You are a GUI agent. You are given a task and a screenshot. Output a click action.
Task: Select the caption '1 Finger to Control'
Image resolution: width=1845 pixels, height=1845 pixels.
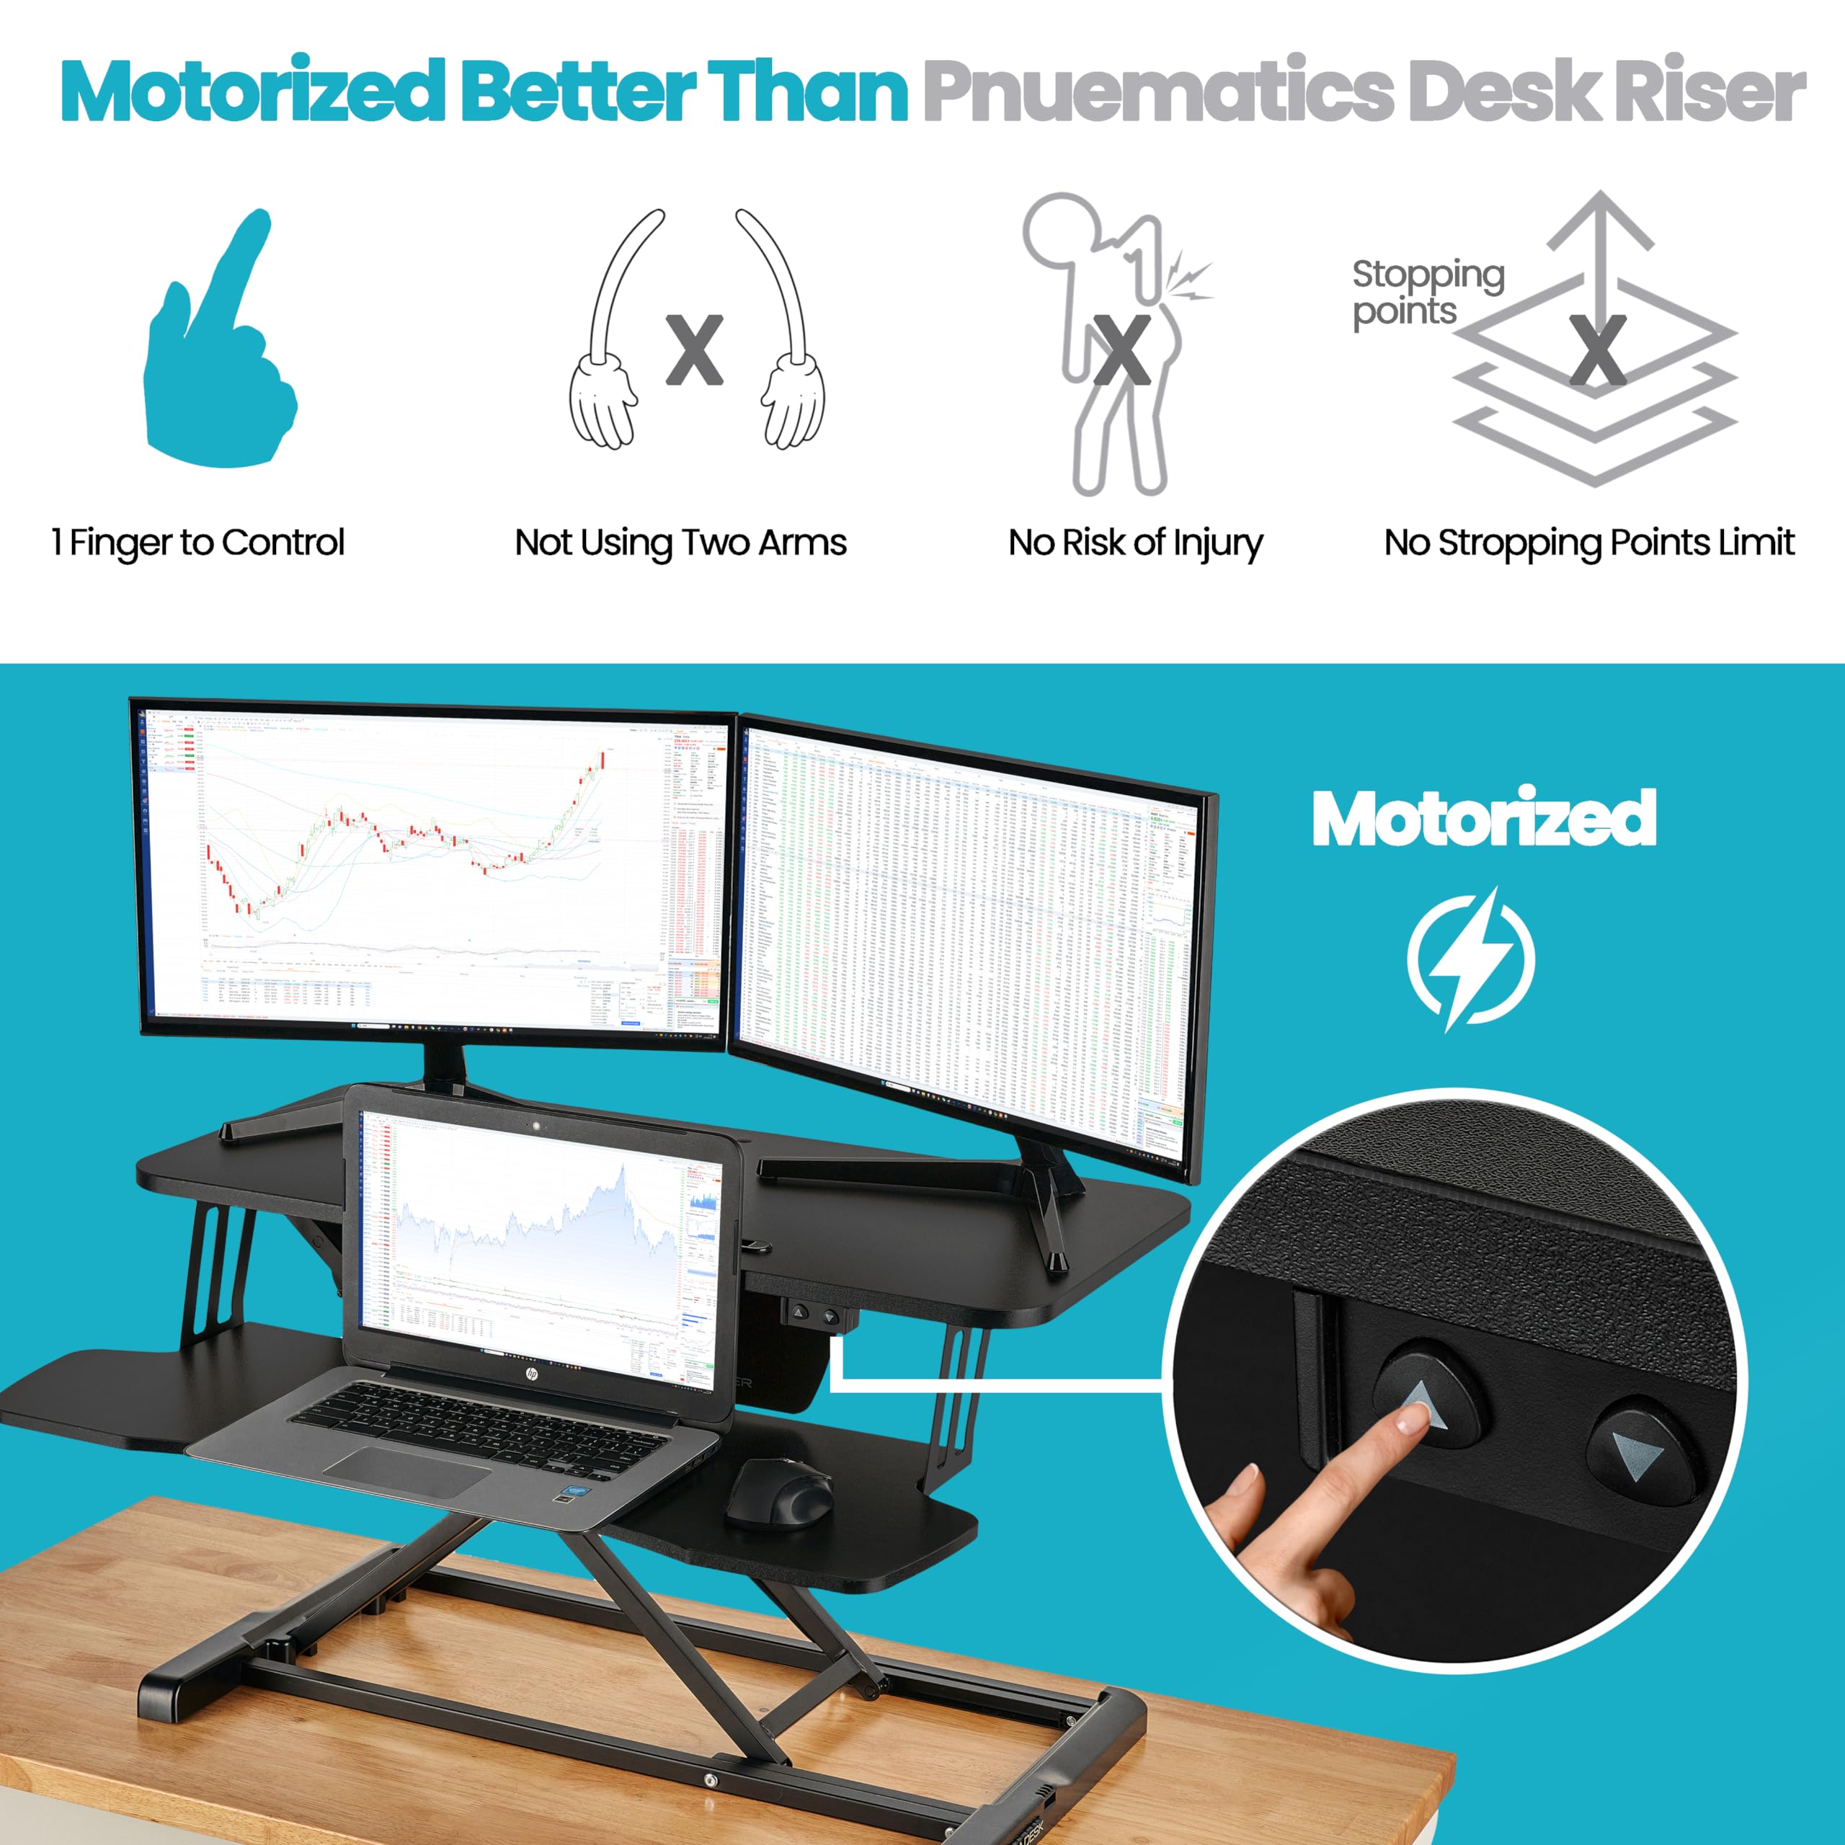point(197,543)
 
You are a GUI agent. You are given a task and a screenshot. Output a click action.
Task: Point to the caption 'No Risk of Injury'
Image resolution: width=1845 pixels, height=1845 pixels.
point(1135,543)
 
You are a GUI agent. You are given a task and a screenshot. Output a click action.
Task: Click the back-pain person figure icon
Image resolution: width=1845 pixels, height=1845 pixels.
point(1113,344)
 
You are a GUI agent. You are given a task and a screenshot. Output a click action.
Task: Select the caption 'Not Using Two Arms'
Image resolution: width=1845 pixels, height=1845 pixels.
point(680,543)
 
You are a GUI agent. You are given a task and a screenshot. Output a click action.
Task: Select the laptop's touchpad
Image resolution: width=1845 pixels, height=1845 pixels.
point(408,1472)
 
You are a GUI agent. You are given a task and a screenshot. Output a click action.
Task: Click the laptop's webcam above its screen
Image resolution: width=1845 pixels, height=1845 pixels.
point(538,1126)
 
